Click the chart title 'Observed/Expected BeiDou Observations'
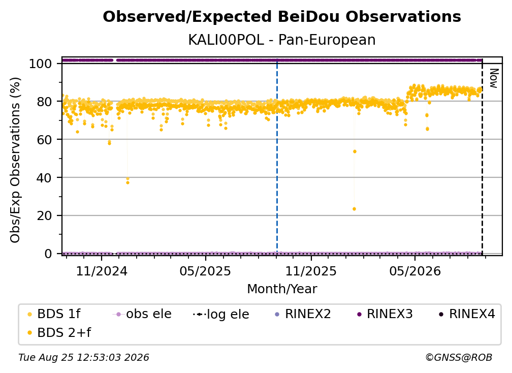pos(282,17)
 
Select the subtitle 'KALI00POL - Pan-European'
pos(282,40)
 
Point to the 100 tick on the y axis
pos(40,64)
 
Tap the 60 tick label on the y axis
pos(44,139)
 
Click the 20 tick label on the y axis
pos(44,215)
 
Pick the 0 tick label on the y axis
pos(48,254)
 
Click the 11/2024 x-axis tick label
pos(102,271)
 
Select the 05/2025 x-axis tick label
pos(205,271)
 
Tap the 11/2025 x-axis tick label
pos(311,271)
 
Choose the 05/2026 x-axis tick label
pos(414,271)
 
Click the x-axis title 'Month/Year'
pos(282,289)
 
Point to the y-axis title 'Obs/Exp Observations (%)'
pos(15,160)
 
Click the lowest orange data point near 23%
pos(355,209)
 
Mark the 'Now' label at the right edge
pos(493,78)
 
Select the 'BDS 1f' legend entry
pos(54,314)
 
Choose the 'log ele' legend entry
pos(221,314)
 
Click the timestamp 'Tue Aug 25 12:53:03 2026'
pos(84,358)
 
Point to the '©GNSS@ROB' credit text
pos(459,358)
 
